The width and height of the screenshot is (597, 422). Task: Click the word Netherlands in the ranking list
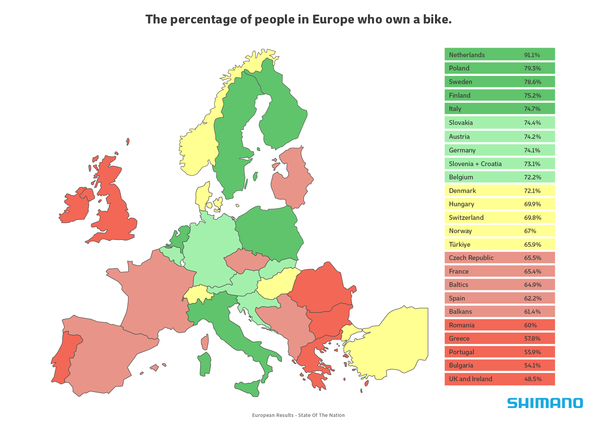467,55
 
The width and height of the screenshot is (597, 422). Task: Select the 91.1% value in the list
532,55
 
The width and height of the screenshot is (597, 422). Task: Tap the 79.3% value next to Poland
532,68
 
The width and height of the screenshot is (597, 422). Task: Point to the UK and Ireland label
470,379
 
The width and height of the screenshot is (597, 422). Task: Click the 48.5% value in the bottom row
533,379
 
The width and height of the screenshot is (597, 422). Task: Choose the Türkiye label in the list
459,244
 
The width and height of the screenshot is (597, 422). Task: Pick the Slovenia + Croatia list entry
475,164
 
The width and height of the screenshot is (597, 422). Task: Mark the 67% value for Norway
530,231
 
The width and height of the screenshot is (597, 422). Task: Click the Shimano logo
545,403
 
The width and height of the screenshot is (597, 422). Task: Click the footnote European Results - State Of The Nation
298,415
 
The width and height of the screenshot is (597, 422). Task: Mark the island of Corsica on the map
205,342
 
